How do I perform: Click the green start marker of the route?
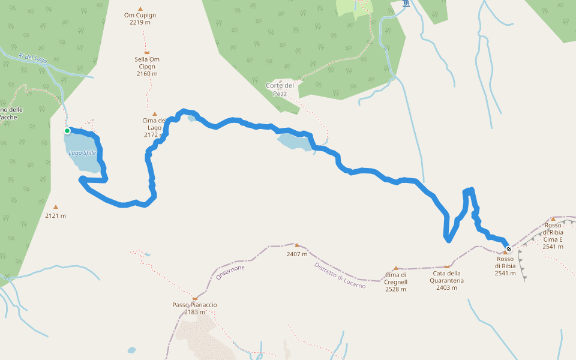pos(67,131)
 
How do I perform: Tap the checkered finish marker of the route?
pos(509,249)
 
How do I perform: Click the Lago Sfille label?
pos(82,153)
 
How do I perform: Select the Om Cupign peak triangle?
pos(140,9)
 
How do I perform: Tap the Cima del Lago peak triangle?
pos(154,113)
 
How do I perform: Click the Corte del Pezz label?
pos(280,89)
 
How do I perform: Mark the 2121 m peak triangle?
pos(56,207)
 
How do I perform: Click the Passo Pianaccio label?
pos(194,305)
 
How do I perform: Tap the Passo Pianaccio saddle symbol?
pos(194,298)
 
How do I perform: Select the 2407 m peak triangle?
pos(297,245)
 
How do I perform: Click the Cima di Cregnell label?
pos(395,282)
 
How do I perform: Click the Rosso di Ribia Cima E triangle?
pos(553,219)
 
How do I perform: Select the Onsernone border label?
pos(230,272)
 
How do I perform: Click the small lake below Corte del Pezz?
pos(294,142)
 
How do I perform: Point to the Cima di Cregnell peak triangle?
pos(396,268)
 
